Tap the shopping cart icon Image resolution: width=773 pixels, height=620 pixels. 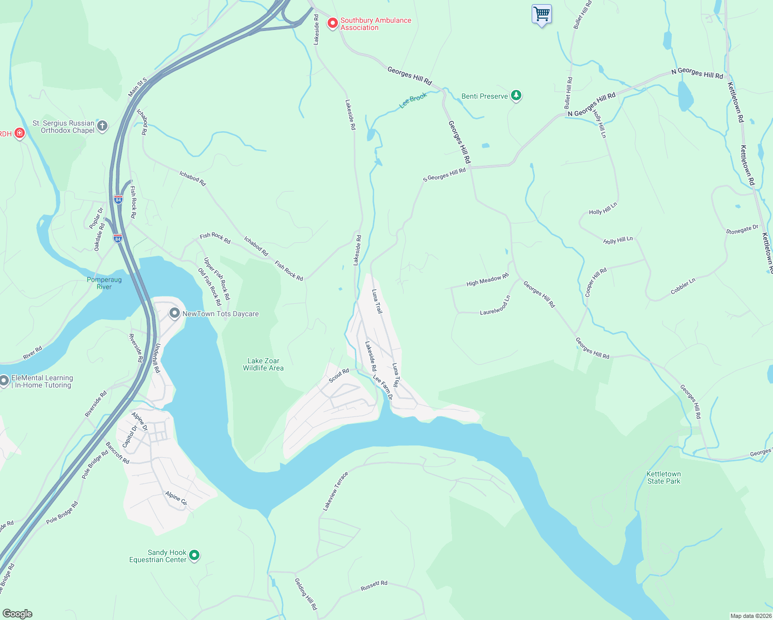(x=542, y=14)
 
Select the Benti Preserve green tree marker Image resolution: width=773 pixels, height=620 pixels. (x=516, y=96)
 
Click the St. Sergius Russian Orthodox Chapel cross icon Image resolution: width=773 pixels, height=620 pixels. (x=102, y=126)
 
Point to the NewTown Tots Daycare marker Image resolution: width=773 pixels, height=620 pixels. (x=175, y=314)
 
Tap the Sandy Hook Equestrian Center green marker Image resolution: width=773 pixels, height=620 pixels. (x=194, y=555)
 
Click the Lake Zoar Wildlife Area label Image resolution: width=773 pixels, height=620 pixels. (x=263, y=365)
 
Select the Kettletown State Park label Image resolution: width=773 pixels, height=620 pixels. (x=663, y=477)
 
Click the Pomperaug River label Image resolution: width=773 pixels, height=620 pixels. (x=104, y=283)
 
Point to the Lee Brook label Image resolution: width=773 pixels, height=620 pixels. (x=413, y=100)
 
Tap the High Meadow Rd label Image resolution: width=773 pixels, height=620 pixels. (x=487, y=280)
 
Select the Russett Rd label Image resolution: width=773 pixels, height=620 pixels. (x=374, y=586)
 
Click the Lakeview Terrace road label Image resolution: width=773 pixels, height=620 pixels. (x=335, y=491)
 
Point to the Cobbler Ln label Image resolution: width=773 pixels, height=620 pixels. (x=683, y=286)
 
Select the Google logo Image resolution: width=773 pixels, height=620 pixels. (x=18, y=613)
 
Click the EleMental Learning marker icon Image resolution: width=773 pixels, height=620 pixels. (x=4, y=381)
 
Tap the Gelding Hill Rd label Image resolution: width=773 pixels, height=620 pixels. (x=305, y=594)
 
